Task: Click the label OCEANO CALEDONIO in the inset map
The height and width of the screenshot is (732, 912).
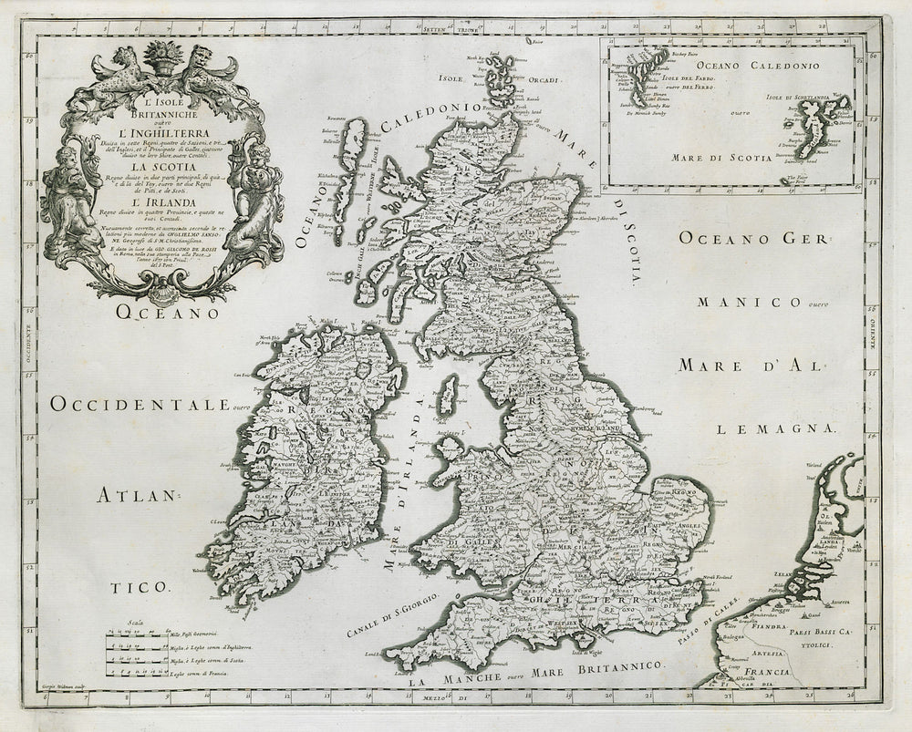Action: pos(757,66)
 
